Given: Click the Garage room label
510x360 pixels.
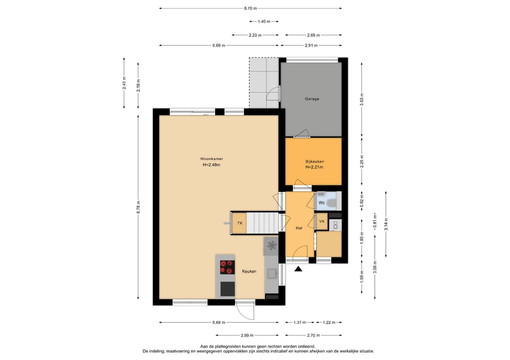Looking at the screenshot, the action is [x=312, y=99].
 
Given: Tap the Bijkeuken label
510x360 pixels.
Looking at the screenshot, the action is [x=314, y=161].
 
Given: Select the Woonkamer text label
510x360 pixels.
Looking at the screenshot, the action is [x=212, y=159].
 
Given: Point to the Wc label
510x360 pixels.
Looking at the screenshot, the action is [x=322, y=203].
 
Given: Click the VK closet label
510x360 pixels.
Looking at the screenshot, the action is [x=322, y=222].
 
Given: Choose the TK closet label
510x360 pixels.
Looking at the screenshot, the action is [x=240, y=223].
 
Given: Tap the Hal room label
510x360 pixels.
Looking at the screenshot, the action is [x=299, y=228].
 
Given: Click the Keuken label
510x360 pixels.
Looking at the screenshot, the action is [x=249, y=271].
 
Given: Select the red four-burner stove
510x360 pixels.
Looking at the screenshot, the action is [x=227, y=267].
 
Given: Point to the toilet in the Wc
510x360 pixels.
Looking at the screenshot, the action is [x=332, y=203].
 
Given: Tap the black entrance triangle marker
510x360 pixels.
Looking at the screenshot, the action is [x=298, y=268].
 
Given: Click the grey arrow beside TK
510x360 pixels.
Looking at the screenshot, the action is [x=227, y=223].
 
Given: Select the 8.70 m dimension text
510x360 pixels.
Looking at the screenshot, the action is [x=250, y=8].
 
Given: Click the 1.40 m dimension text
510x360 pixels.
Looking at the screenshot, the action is [x=264, y=21].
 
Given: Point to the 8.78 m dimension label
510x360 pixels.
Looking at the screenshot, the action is [x=138, y=207].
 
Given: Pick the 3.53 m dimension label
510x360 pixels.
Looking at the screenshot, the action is [x=362, y=100].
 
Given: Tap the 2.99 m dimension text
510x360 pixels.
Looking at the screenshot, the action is [x=247, y=335].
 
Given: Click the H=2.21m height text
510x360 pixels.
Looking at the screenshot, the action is [x=314, y=167].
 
